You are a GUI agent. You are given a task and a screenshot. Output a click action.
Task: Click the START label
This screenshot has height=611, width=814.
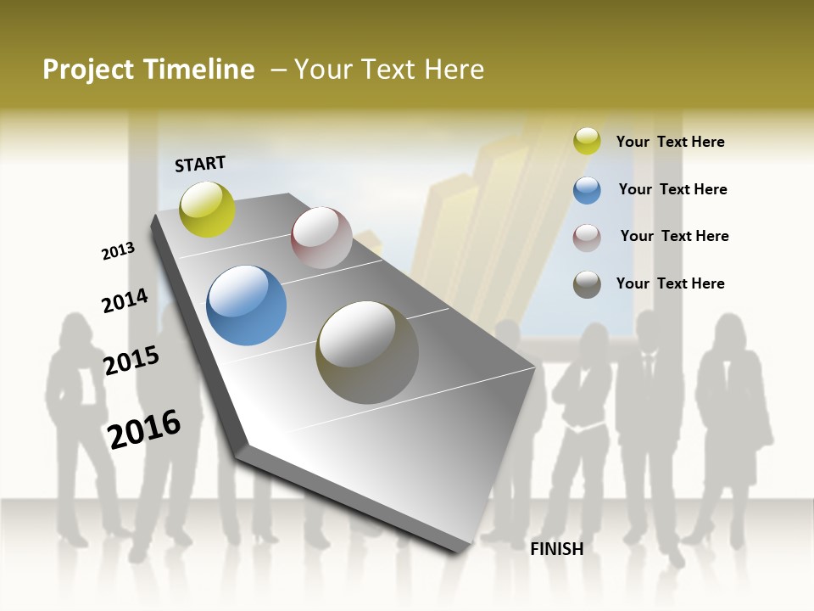click(x=200, y=164)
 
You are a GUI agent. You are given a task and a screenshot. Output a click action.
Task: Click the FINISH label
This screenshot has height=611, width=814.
click(x=556, y=549)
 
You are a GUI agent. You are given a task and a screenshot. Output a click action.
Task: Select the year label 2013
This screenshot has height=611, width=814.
click(x=119, y=251)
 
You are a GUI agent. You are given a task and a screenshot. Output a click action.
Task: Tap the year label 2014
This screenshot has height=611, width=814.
click(x=125, y=300)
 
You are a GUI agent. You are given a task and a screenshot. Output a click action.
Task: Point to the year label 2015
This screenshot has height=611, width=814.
click(x=131, y=361)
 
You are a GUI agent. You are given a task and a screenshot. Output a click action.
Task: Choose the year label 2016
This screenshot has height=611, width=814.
click(x=144, y=429)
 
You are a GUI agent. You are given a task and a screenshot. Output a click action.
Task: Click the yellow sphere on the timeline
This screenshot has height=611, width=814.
click(x=207, y=210)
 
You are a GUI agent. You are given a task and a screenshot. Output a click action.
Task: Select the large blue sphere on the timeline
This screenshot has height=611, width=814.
click(x=246, y=305)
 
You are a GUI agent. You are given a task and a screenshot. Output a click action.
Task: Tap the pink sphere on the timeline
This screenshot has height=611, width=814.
click(x=321, y=238)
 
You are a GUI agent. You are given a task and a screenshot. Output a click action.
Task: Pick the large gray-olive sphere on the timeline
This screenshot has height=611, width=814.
click(x=367, y=352)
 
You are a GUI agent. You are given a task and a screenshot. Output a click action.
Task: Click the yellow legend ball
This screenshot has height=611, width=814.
click(x=587, y=142)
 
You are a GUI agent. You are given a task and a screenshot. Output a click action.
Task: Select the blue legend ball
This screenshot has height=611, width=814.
click(x=587, y=190)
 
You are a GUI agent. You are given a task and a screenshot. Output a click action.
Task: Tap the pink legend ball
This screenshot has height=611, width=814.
click(x=587, y=238)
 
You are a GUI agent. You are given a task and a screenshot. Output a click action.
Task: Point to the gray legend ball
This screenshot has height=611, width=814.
click(x=587, y=284)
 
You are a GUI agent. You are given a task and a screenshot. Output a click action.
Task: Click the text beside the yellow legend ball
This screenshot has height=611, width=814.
click(x=670, y=142)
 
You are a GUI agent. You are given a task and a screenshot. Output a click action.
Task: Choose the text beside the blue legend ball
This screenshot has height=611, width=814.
click(x=672, y=189)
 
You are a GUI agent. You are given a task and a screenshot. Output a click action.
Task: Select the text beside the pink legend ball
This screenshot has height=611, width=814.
click(x=674, y=236)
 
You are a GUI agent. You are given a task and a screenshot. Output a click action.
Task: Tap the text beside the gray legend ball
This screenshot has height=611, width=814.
click(x=670, y=283)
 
